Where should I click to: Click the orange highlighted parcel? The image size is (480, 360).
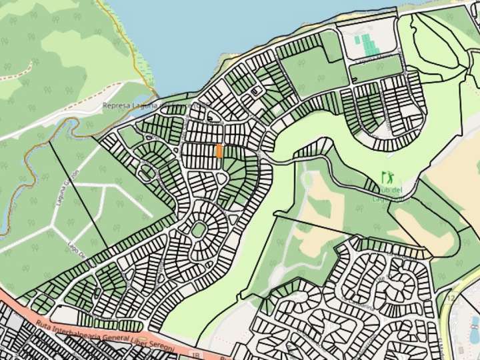pyautogui.click(x=219, y=151)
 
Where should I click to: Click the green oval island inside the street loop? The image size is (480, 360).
pyautogui.click(x=198, y=230)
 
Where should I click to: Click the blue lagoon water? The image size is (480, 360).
pyautogui.click(x=200, y=33)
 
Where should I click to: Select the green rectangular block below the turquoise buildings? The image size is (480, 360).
pyautogui.click(x=375, y=69)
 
